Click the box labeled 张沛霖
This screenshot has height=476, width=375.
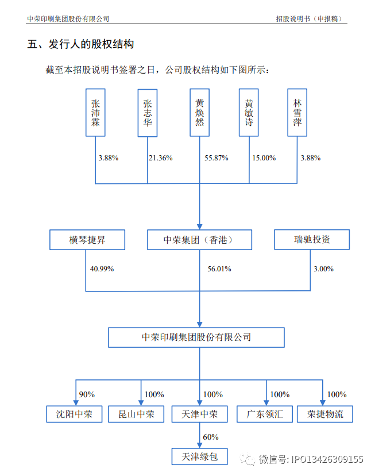coord(95,113)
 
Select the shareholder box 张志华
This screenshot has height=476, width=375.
coord(148,113)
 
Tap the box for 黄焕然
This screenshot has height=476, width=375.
coord(199,113)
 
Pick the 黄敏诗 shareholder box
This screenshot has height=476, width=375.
coord(249,113)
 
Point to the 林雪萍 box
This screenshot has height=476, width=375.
coord(297,113)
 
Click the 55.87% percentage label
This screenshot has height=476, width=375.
coord(216,158)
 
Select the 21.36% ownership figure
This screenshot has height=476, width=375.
coord(161,158)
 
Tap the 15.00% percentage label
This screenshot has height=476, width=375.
coord(264,158)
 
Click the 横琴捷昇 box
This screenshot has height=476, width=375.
coord(87,240)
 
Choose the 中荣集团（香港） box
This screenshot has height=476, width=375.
coord(199,240)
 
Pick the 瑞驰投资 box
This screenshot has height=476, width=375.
coord(312,240)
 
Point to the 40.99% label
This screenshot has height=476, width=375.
coord(102,268)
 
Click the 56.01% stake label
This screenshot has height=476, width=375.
coord(219,268)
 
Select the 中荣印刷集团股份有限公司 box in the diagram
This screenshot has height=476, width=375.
coord(196,337)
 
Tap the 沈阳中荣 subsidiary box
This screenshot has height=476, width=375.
coord(74,414)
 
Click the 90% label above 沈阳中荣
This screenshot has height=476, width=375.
coord(87,394)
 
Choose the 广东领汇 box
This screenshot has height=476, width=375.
coord(265,414)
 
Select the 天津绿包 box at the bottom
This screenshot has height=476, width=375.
coord(199,456)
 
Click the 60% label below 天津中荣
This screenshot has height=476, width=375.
coord(211,437)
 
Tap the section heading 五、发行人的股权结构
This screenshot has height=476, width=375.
coord(80,44)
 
